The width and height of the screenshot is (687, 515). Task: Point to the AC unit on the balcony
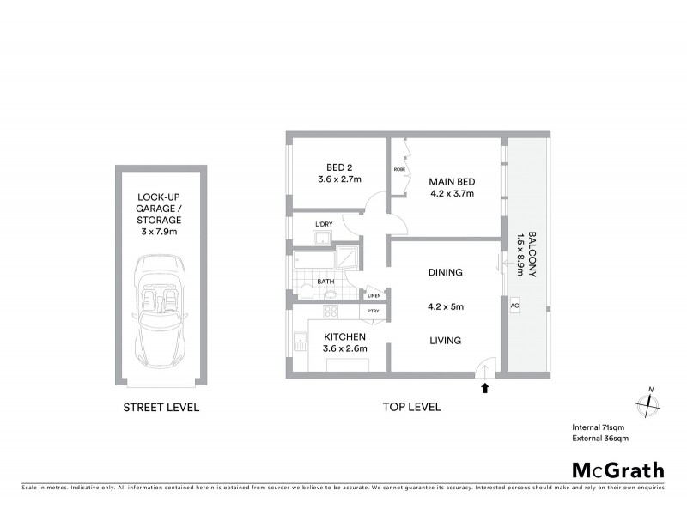[514, 305]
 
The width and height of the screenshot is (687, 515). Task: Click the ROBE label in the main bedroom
[399, 170]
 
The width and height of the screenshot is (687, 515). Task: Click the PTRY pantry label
[373, 311]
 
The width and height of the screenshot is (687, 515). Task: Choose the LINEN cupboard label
[374, 296]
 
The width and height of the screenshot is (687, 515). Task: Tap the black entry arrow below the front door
[485, 387]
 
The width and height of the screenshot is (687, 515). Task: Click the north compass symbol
[648, 404]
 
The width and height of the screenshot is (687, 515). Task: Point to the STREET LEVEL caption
[161, 407]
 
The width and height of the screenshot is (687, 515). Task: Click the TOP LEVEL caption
[413, 407]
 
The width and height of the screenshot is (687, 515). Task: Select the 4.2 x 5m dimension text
[446, 306]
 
